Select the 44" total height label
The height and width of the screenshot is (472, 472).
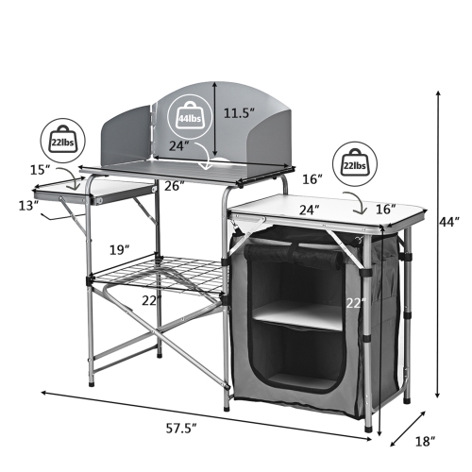click(x=450, y=223)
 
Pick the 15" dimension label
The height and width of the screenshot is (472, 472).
click(x=39, y=169)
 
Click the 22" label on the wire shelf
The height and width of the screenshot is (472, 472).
click(x=151, y=300)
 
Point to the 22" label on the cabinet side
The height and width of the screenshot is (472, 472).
click(x=354, y=302)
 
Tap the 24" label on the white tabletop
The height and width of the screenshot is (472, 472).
click(x=309, y=209)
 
